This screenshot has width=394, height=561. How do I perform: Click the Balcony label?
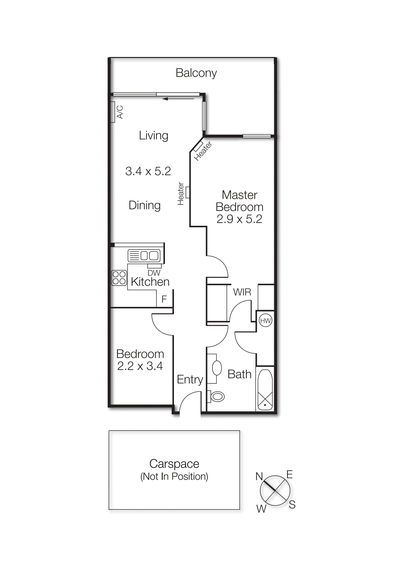pyautogui.click(x=196, y=73)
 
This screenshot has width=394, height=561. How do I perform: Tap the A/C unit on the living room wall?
pyautogui.click(x=113, y=112)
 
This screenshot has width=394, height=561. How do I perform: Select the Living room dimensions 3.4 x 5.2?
pyautogui.click(x=148, y=171)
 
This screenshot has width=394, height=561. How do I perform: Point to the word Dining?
pyautogui.click(x=144, y=205)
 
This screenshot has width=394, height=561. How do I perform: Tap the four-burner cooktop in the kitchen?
pyautogui.click(x=119, y=278)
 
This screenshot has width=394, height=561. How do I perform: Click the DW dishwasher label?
pyautogui.click(x=154, y=273)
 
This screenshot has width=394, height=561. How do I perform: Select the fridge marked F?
pyautogui.click(x=164, y=299)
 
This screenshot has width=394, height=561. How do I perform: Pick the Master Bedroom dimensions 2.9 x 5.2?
pyautogui.click(x=239, y=219)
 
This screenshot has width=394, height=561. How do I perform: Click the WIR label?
pyautogui.click(x=242, y=292)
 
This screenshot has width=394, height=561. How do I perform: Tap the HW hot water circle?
pyautogui.click(x=266, y=321)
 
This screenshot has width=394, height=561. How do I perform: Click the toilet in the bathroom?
pyautogui.click(x=217, y=397)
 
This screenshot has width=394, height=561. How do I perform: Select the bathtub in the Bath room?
pyautogui.click(x=265, y=390)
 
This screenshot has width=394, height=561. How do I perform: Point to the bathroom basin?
pyautogui.click(x=217, y=368)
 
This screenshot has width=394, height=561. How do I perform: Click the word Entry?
pyautogui.click(x=190, y=380)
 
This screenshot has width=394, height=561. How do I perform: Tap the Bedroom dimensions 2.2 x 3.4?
pyautogui.click(x=140, y=366)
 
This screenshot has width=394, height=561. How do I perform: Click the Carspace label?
pyautogui.click(x=174, y=464)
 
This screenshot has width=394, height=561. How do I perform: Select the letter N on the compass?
pyautogui.click(x=259, y=476)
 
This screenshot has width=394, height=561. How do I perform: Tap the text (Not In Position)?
pyautogui.click(x=174, y=477)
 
